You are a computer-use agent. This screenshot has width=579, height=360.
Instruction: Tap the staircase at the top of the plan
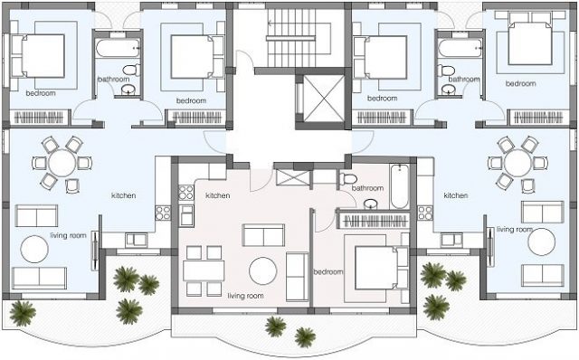(x=291, y=37)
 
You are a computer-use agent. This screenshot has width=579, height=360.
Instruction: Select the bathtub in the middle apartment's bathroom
(x=400, y=186)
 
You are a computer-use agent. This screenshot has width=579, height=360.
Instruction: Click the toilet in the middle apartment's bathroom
(x=347, y=179)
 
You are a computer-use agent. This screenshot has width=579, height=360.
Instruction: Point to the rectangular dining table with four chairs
(x=204, y=270)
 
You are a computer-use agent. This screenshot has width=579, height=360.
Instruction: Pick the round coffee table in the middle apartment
(x=263, y=270)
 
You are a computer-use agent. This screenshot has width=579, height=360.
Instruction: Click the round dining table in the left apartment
(x=62, y=163)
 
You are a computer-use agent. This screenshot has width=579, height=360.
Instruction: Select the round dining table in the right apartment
(x=518, y=163)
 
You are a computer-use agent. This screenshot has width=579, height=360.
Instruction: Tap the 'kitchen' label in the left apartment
(x=124, y=195)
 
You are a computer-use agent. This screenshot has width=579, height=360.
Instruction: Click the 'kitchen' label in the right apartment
(x=456, y=195)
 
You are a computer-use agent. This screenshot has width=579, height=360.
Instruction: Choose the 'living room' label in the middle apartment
(x=245, y=296)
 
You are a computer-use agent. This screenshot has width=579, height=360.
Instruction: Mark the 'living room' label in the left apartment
(x=69, y=235)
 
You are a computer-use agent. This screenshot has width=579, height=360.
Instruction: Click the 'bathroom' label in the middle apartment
(x=367, y=188)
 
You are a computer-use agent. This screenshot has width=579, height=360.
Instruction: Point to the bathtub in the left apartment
(x=118, y=48)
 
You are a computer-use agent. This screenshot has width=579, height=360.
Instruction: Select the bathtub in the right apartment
(x=460, y=48)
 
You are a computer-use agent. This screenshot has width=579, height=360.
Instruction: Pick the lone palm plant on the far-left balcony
(x=23, y=313)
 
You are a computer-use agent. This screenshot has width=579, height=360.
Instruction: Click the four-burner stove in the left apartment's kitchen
(x=163, y=213)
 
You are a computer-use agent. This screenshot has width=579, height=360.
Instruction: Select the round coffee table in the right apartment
(x=542, y=242)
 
